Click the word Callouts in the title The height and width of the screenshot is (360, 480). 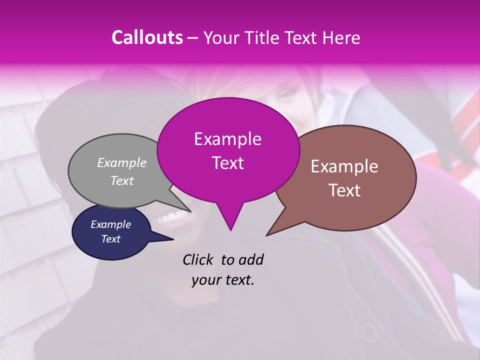click(147, 37)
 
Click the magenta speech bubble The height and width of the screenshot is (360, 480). click(228, 150)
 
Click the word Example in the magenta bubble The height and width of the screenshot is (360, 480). click(227, 139)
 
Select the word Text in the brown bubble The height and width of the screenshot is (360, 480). click(345, 190)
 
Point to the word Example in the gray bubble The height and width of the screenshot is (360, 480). click(121, 162)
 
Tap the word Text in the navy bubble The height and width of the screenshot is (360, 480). click(110, 239)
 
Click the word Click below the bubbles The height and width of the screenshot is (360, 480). click(199, 259)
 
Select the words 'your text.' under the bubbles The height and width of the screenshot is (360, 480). click(223, 280)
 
